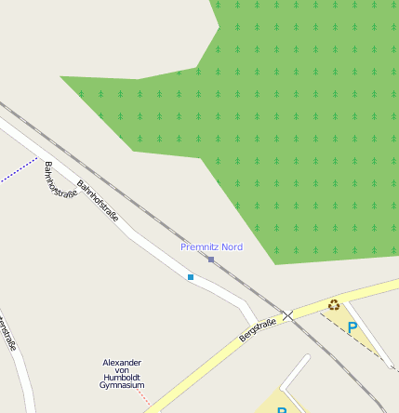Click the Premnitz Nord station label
pos(211,246)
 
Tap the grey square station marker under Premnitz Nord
pos(211,260)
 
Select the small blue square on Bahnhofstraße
pos(191,277)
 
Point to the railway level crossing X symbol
pos(288,316)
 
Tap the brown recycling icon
pos(333,304)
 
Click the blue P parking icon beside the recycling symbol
pos(352,327)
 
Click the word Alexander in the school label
pos(122,362)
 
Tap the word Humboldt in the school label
pos(122,377)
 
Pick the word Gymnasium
pos(122,385)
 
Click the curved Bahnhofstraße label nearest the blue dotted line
pos(60,180)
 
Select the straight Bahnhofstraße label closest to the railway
pos(98,200)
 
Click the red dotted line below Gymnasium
pos(142,397)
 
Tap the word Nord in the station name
pos(232,246)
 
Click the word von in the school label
pos(122,369)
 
